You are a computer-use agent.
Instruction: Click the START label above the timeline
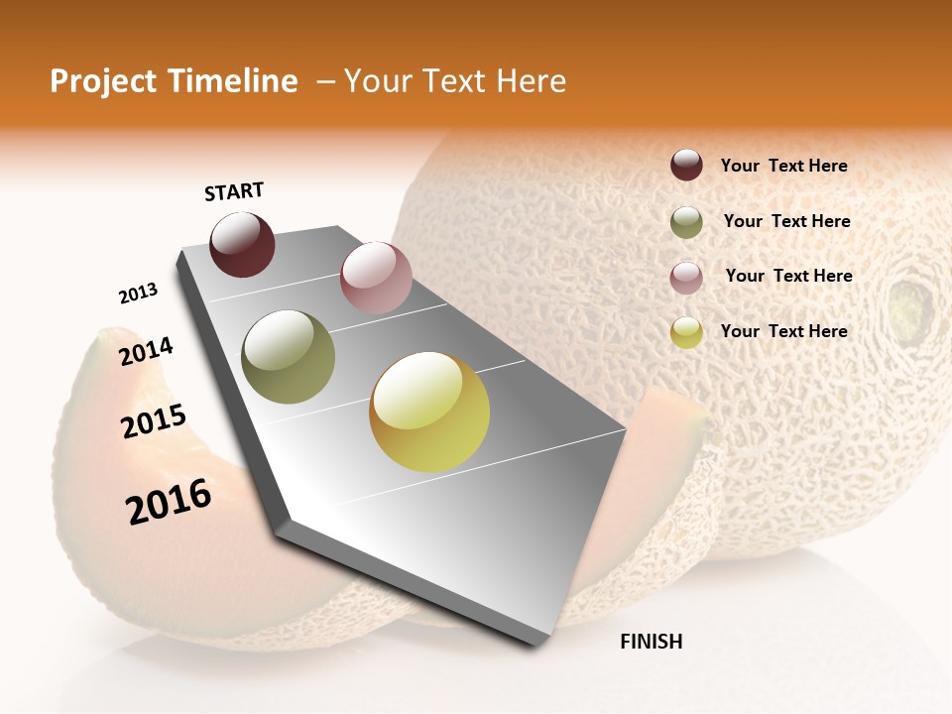234,191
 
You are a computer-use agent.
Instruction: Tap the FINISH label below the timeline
651,642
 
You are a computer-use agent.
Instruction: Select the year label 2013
138,294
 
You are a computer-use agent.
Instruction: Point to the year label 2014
146,351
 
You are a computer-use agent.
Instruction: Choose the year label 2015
154,421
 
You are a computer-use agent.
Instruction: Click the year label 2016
169,502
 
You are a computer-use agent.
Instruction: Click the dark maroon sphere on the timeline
242,245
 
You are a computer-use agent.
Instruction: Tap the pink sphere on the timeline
376,277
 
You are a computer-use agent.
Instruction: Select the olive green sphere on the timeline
288,357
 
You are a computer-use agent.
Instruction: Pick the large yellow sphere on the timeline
429,412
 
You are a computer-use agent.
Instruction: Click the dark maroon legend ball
686,166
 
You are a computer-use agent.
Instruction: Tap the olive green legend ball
686,222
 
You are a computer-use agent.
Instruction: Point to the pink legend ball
686,277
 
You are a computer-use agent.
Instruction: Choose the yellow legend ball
686,332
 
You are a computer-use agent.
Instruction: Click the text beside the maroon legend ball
783,166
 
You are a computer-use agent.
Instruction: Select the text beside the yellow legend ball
783,331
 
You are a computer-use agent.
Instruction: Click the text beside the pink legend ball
788,276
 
